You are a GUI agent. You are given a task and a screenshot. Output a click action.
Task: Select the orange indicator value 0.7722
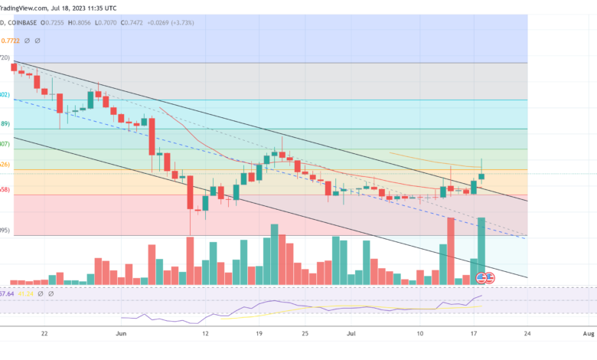(11, 41)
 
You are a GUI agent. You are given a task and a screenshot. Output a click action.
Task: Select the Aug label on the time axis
(588, 334)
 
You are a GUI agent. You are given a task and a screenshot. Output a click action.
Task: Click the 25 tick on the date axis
(305, 334)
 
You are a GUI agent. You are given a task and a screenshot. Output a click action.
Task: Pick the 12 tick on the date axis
(205, 334)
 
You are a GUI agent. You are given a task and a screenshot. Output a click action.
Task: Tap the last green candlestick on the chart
(481, 175)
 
